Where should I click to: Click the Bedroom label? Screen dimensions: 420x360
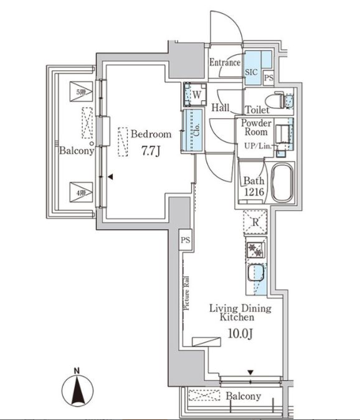[x=150, y=134]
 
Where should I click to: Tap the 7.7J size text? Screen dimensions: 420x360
[x=150, y=150]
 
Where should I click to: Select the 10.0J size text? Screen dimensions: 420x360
[x=239, y=335]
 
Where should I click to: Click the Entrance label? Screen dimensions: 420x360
[x=224, y=63]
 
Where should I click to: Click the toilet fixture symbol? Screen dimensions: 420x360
[x=278, y=101]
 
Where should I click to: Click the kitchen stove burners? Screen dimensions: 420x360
[x=255, y=250]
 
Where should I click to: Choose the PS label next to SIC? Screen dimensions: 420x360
[x=268, y=78]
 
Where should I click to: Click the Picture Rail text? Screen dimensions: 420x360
[x=186, y=301]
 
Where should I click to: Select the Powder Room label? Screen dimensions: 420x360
[x=255, y=127]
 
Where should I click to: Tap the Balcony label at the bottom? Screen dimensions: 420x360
[x=244, y=396]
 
